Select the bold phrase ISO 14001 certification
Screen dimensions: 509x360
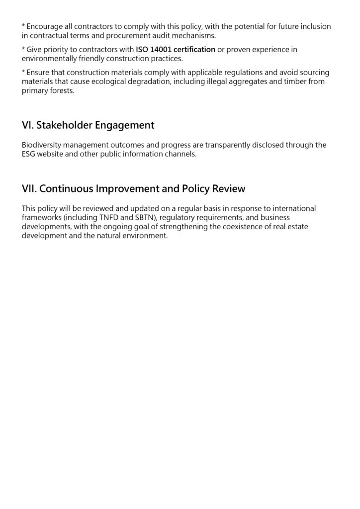pos(176,50)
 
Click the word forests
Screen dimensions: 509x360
pos(61,91)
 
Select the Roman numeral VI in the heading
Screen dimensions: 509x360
pos(27,125)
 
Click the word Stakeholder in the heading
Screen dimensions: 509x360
pos(63,125)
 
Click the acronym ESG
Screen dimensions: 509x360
pos(29,154)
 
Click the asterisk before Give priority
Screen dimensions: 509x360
pos(24,49)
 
